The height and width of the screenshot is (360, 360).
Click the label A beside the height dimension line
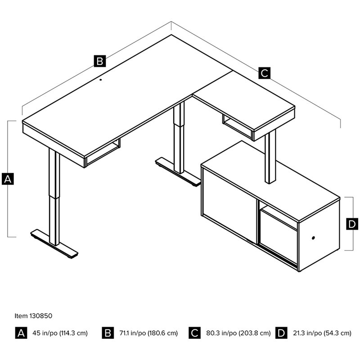pos(8,179)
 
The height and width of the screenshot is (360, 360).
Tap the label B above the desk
pos(99,61)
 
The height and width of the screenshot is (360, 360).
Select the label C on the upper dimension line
pos(264,72)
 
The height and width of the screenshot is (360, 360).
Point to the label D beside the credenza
pos(352,224)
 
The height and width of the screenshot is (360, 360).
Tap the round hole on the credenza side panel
pos(313,237)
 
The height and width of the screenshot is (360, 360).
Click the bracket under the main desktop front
pos(103,153)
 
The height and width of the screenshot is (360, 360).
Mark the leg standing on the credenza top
pos(270,157)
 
